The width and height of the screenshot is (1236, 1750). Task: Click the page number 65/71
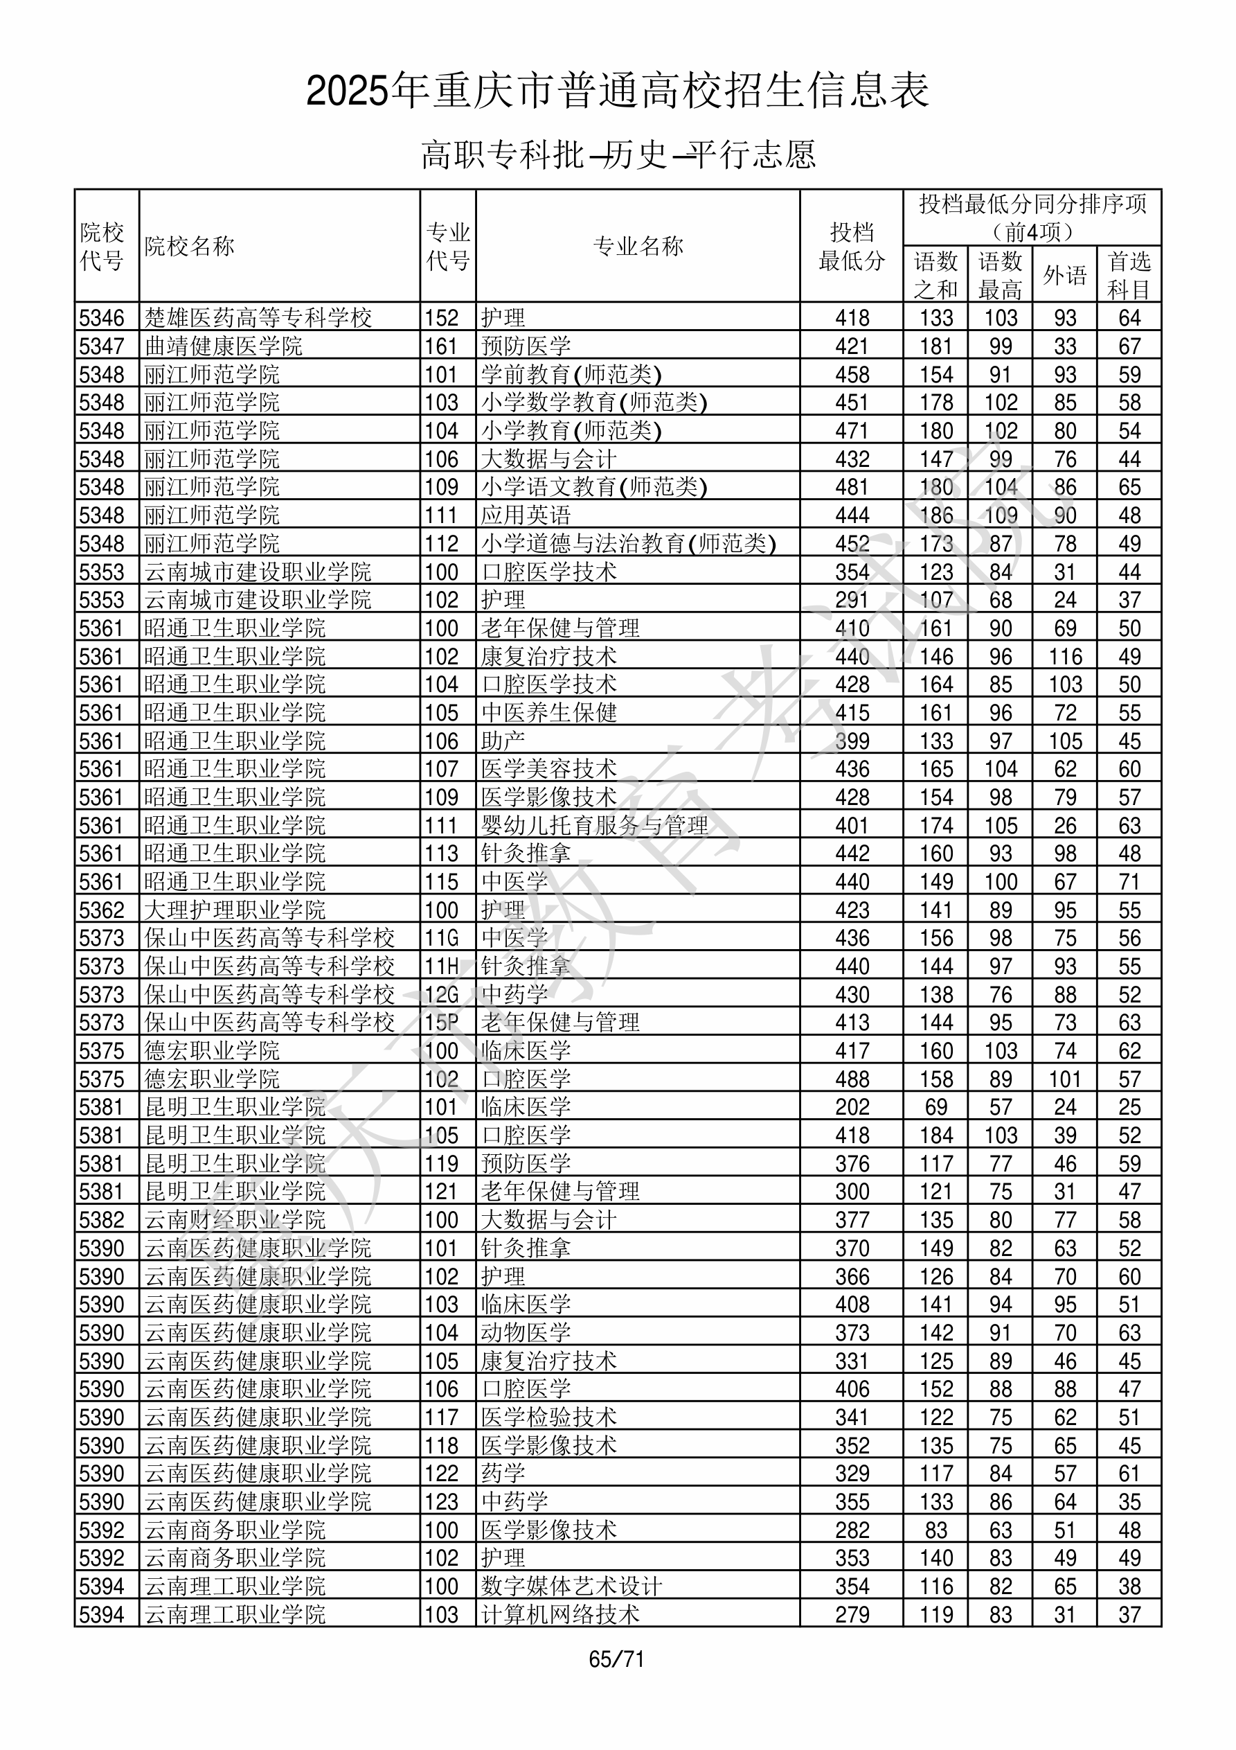tap(616, 1659)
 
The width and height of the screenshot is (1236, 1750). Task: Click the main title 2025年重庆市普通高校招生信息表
tap(617, 91)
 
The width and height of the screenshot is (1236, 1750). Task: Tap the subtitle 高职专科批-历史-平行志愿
tap(618, 154)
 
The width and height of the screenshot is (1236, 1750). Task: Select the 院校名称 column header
tap(190, 246)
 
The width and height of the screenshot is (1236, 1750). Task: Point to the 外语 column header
tap(1064, 275)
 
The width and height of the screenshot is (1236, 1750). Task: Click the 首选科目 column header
tap(1129, 275)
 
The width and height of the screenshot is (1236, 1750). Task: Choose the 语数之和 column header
tap(935, 275)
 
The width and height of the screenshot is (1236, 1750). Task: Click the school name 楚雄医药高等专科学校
tap(258, 318)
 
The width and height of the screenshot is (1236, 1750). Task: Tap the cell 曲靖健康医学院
tap(223, 346)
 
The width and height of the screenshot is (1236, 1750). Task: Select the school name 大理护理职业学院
tap(235, 910)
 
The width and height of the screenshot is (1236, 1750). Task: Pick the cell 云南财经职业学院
tap(235, 1219)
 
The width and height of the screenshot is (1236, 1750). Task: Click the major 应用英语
tap(526, 515)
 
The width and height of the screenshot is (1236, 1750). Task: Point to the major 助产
tap(503, 741)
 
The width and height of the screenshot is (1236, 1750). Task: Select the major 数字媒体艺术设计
tap(571, 1586)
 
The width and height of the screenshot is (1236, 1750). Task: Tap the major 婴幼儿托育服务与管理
tap(594, 825)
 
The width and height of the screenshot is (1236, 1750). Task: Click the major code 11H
tap(442, 966)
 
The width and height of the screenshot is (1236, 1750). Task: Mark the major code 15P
tap(442, 1023)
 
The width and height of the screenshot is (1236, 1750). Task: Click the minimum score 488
tap(851, 1079)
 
